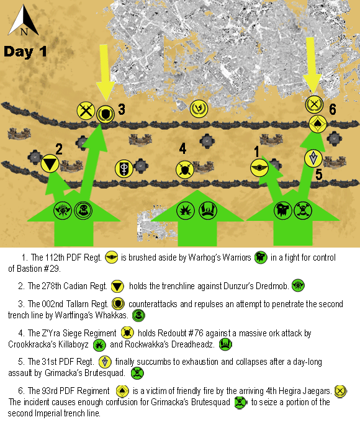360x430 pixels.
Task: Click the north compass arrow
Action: pos(24,20)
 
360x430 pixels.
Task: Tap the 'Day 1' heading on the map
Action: pos(25,52)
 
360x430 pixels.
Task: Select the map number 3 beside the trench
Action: pos(122,109)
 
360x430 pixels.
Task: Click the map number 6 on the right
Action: pos(332,109)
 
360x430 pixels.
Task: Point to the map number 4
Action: pos(182,149)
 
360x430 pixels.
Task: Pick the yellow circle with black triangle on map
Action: pos(50,164)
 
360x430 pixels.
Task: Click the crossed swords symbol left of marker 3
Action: pos(86,111)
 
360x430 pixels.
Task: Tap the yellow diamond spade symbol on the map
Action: pos(318,124)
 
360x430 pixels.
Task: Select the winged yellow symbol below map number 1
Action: pos(259,168)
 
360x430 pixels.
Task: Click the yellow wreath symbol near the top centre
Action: pos(199,109)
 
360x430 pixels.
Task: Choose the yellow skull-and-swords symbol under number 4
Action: pos(185,169)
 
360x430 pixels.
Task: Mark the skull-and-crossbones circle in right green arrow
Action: pos(303,210)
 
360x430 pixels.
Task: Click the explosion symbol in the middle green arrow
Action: pos(186,210)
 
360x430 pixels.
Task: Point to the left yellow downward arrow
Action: pos(104,73)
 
